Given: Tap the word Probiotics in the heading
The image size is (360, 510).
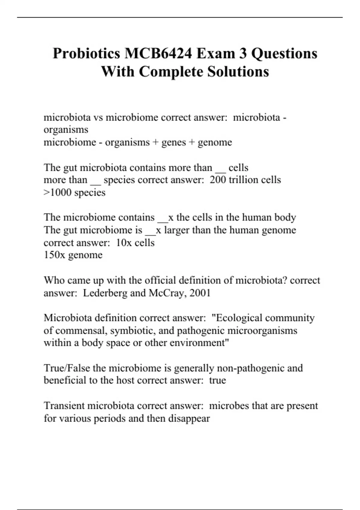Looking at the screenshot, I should point(86,53).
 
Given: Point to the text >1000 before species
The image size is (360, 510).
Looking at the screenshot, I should point(58,192).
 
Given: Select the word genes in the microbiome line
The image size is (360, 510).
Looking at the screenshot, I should point(174,142).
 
